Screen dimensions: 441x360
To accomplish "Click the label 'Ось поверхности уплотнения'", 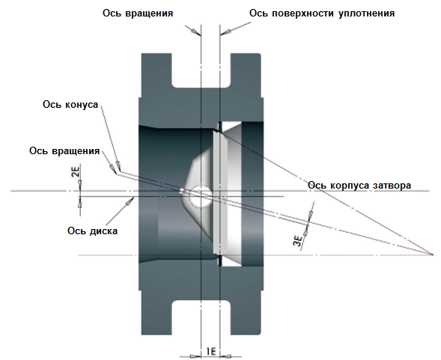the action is (x=322, y=13).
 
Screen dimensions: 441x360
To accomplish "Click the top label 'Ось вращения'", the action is (x=138, y=13).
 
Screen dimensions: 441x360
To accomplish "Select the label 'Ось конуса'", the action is (x=70, y=104).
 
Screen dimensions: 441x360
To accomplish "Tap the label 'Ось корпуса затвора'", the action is (x=359, y=186).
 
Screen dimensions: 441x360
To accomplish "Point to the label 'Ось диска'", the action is (x=92, y=231).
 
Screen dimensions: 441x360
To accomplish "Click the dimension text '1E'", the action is (x=211, y=352).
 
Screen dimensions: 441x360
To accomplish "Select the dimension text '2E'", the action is (x=76, y=171).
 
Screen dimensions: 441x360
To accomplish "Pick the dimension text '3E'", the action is (x=298, y=241).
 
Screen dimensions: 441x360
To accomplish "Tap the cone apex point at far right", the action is (x=433, y=254).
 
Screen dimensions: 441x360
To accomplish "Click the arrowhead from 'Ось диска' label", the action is (x=130, y=201).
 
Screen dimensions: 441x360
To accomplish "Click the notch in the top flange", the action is (x=201, y=70).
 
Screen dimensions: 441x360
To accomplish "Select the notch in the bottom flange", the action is (x=201, y=318).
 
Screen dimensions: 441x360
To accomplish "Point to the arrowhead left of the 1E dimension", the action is (x=193, y=356).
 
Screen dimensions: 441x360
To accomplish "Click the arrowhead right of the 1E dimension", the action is (x=228, y=356).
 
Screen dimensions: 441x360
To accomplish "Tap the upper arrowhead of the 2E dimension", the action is (x=80, y=183).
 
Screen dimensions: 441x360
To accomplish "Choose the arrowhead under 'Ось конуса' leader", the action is (x=118, y=165).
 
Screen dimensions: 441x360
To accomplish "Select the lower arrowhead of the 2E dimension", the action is (x=80, y=204).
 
